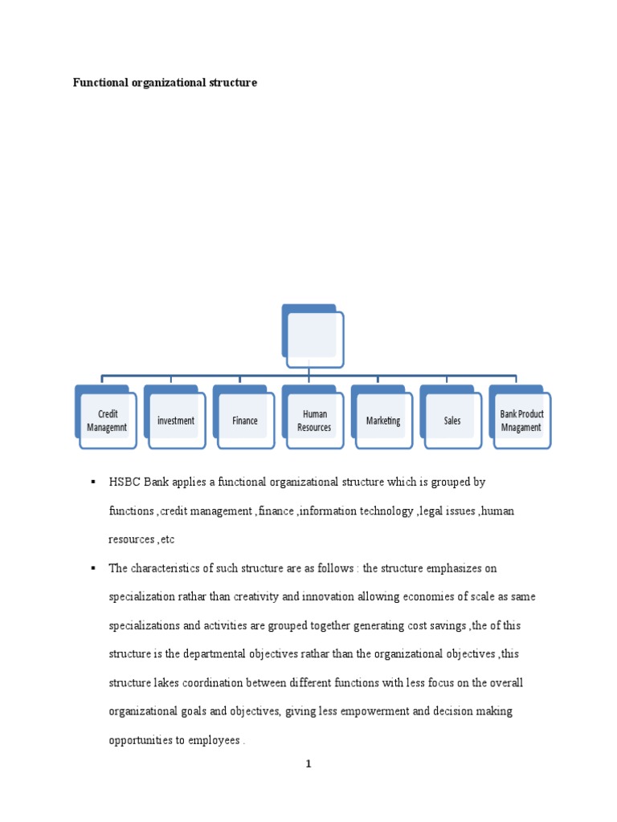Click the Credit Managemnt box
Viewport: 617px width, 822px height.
pyautogui.click(x=107, y=421)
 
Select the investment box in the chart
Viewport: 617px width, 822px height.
pyautogui.click(x=176, y=421)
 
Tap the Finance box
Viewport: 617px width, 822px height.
pyautogui.click(x=245, y=421)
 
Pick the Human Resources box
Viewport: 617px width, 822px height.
pyautogui.click(x=314, y=421)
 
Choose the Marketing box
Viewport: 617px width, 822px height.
pyautogui.click(x=383, y=421)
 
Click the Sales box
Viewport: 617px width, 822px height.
pyautogui.click(x=452, y=421)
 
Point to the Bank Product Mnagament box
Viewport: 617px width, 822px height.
pyautogui.click(x=521, y=421)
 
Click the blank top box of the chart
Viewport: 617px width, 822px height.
pyautogui.click(x=313, y=335)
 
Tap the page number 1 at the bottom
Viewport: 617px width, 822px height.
pyautogui.click(x=308, y=764)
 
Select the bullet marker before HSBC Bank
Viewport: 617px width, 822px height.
pyautogui.click(x=93, y=482)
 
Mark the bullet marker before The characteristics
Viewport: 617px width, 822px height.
pyautogui.click(x=93, y=568)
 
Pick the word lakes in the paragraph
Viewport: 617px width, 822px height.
pyautogui.click(x=173, y=683)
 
